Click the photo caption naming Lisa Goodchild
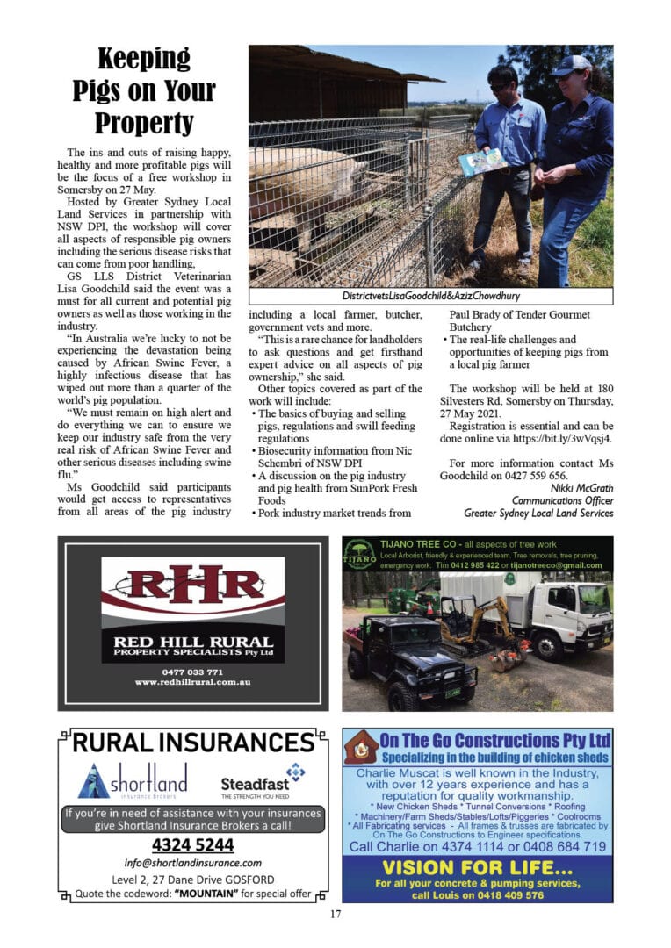click(x=431, y=296)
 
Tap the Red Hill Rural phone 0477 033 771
click(x=192, y=671)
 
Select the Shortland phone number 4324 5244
click(x=192, y=845)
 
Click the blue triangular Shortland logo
click(x=95, y=779)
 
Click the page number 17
click(x=335, y=915)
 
